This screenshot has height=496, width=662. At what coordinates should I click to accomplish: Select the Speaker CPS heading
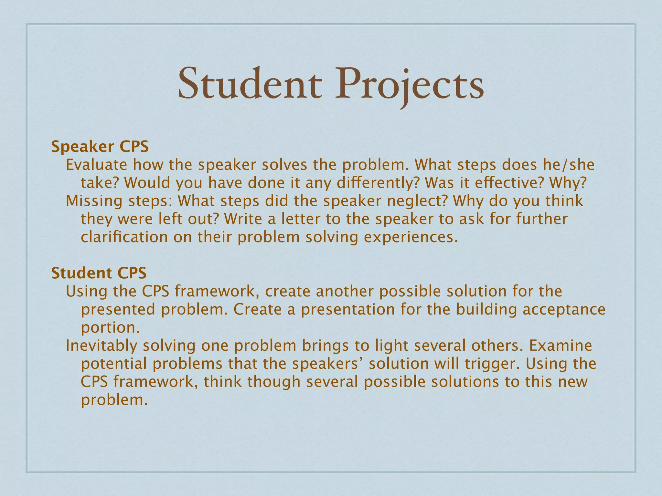100,147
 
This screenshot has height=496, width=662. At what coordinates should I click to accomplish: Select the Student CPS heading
99,273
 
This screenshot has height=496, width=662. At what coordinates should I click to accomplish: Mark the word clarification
124,237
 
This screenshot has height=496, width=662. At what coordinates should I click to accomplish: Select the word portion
110,327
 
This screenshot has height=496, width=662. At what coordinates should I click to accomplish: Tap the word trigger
492,364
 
